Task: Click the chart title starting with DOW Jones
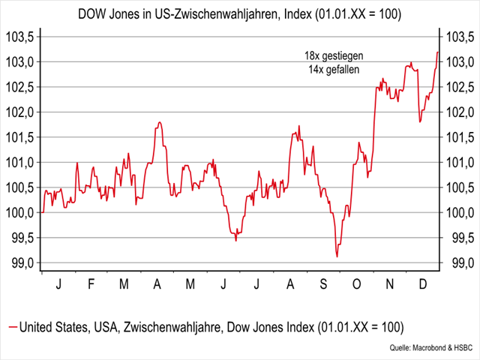click(240, 14)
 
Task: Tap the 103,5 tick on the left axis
click(19, 37)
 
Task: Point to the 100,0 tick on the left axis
click(19, 213)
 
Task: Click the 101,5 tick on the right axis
click(459, 137)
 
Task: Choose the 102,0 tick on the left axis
click(19, 112)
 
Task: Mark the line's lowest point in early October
click(337, 256)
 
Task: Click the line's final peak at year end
click(437, 52)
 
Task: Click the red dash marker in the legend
click(12, 327)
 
